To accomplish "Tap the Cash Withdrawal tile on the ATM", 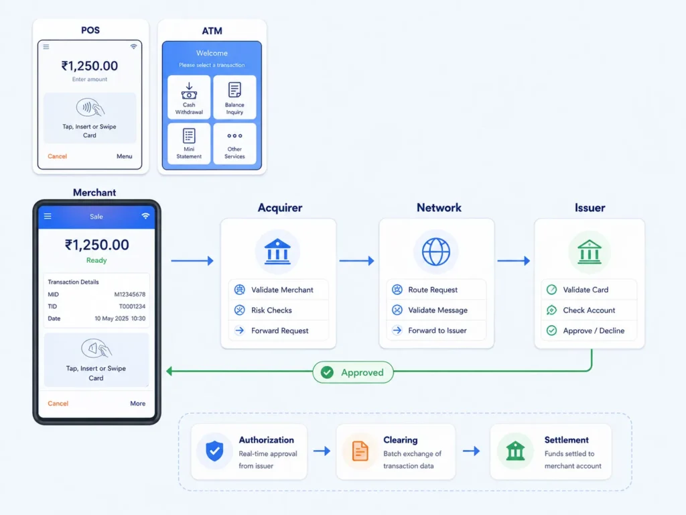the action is [189, 97].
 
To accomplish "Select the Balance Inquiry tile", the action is [234, 97].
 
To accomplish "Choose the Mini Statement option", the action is [189, 144].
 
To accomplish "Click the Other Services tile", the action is [234, 144].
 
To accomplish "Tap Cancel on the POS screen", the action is [58, 156].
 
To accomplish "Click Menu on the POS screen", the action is [124, 156].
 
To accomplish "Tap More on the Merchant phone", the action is [138, 403].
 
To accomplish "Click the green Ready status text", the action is [96, 260].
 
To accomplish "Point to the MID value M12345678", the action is [130, 294].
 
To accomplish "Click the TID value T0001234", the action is [132, 306].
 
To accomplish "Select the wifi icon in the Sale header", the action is [145, 216].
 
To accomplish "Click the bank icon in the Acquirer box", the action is [277, 252].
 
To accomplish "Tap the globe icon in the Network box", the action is [435, 252].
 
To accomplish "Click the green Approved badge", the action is [353, 372].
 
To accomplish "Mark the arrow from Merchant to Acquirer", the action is [192, 261].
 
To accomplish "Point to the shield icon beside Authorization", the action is [214, 451].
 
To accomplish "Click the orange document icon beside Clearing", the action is [360, 451].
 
